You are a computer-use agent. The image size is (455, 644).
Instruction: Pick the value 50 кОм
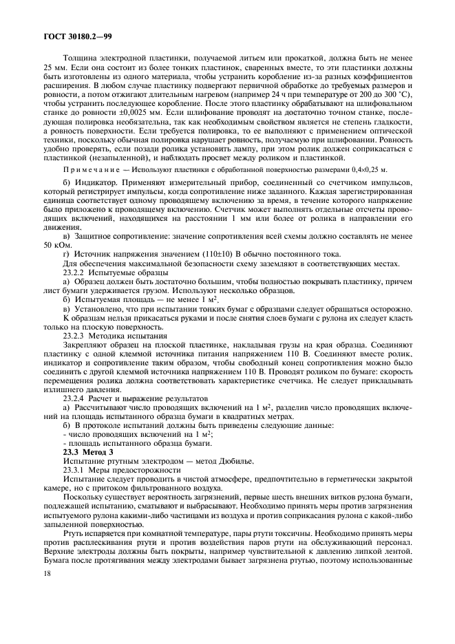click(55, 245)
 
